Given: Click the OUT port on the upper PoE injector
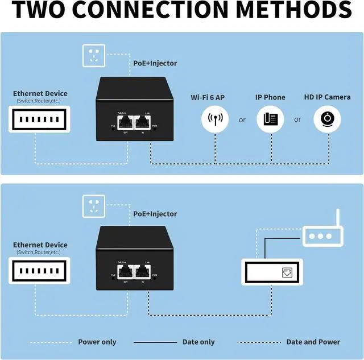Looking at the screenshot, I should click(x=125, y=122).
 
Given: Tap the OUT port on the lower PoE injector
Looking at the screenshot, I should click(x=125, y=272).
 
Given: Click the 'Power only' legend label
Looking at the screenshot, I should click(x=97, y=342).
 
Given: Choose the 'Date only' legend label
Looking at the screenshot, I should click(x=198, y=342).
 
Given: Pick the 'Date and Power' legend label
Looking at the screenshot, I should click(x=313, y=342).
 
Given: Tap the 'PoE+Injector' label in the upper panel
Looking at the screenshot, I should click(x=155, y=63).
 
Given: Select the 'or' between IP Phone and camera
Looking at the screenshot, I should click(x=297, y=120).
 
